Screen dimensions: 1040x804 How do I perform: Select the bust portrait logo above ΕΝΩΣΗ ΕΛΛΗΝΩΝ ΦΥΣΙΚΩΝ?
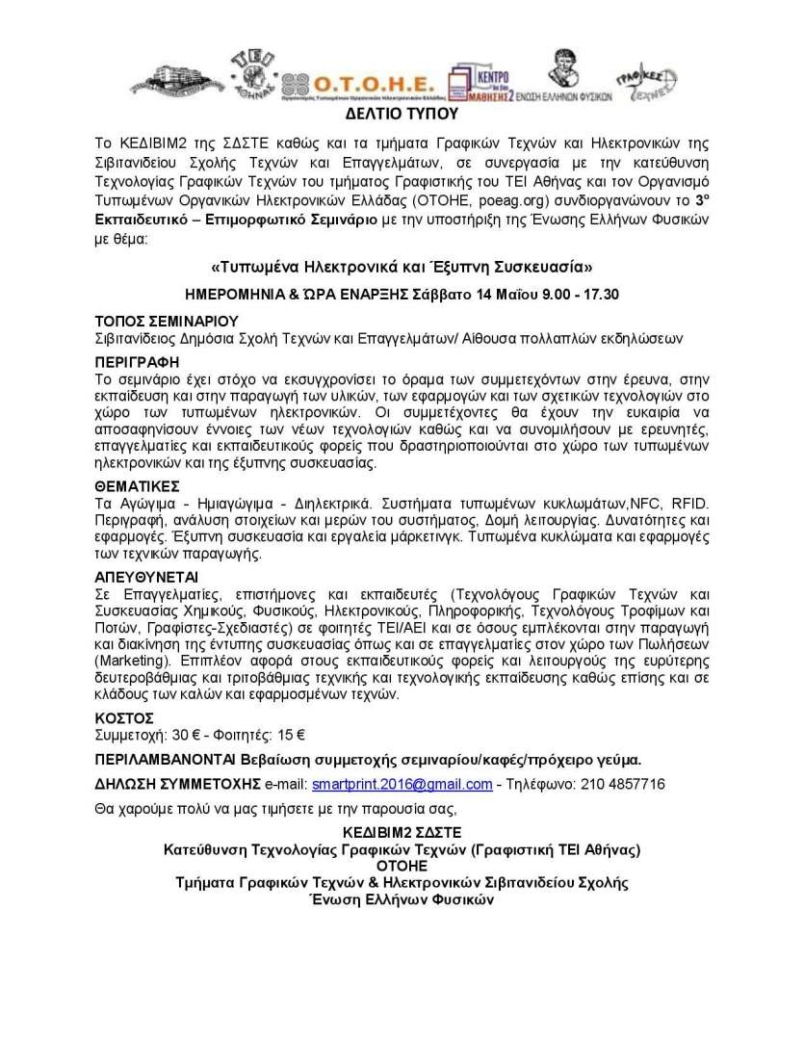[x=562, y=70]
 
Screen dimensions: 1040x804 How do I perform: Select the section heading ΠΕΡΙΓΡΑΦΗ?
[x=137, y=361]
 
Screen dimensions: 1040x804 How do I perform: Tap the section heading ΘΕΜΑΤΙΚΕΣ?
[x=138, y=487]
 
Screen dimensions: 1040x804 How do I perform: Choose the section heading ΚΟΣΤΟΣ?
[x=124, y=718]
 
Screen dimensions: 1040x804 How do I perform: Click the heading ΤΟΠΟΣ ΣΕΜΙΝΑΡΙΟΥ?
[x=167, y=320]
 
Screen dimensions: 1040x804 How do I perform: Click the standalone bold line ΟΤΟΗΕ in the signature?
[x=402, y=866]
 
